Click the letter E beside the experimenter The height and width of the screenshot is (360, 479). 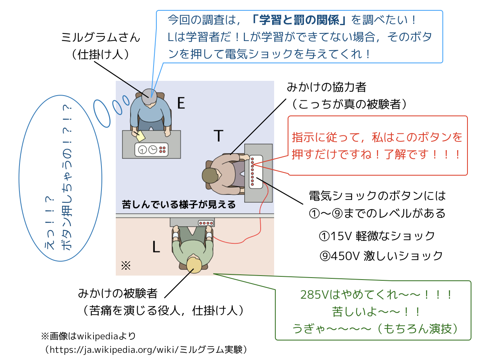click(x=181, y=104)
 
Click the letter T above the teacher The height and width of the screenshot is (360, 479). click(x=218, y=136)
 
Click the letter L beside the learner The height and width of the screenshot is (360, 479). click(x=156, y=248)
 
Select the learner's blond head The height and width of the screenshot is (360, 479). click(x=194, y=265)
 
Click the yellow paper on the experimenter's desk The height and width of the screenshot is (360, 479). click(x=140, y=135)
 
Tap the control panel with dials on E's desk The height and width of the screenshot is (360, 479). click(x=152, y=150)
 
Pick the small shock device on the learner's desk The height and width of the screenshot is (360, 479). click(x=206, y=223)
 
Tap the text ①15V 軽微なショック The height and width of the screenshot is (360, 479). click(x=377, y=236)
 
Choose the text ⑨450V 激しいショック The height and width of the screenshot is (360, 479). click(x=381, y=255)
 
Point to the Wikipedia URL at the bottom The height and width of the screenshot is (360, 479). click(x=147, y=349)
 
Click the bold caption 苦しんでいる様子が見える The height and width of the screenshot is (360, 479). click(x=179, y=205)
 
